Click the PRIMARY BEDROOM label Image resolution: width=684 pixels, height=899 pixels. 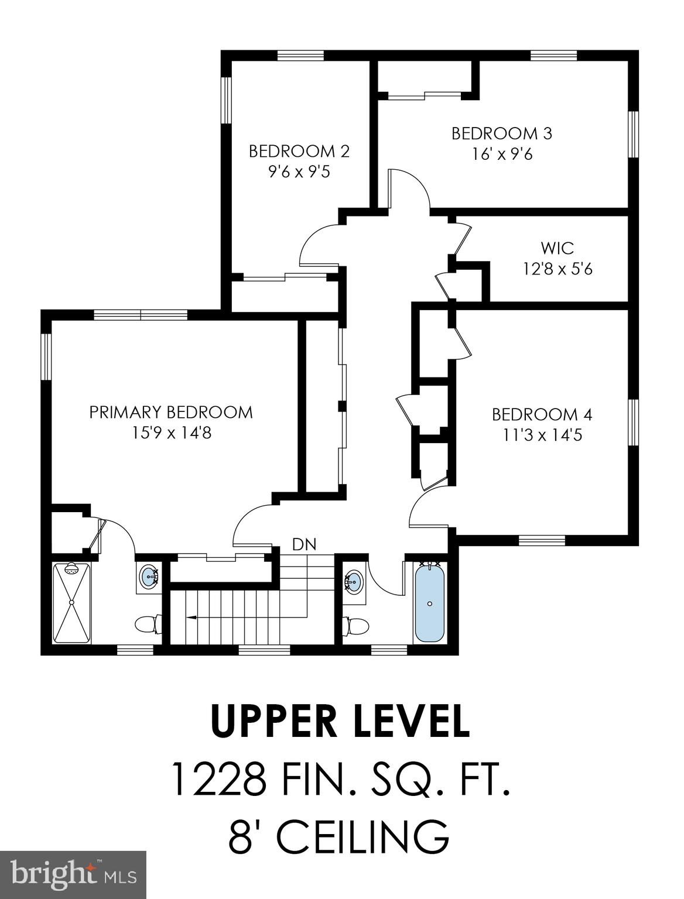click(171, 412)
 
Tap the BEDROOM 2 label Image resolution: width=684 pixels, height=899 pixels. click(299, 151)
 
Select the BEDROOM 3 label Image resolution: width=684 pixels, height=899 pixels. click(501, 133)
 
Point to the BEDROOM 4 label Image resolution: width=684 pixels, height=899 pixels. click(542, 414)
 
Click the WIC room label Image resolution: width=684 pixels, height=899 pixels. click(557, 248)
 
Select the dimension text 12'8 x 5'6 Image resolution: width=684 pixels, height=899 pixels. click(557, 269)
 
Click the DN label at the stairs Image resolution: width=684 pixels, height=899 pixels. click(304, 544)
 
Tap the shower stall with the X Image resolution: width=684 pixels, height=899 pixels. click(71, 603)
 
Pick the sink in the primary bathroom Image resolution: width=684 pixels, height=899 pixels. click(148, 577)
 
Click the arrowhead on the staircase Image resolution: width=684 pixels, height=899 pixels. click(190, 616)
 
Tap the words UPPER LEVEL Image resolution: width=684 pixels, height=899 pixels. click(340, 722)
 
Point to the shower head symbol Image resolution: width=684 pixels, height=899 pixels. click(71, 568)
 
